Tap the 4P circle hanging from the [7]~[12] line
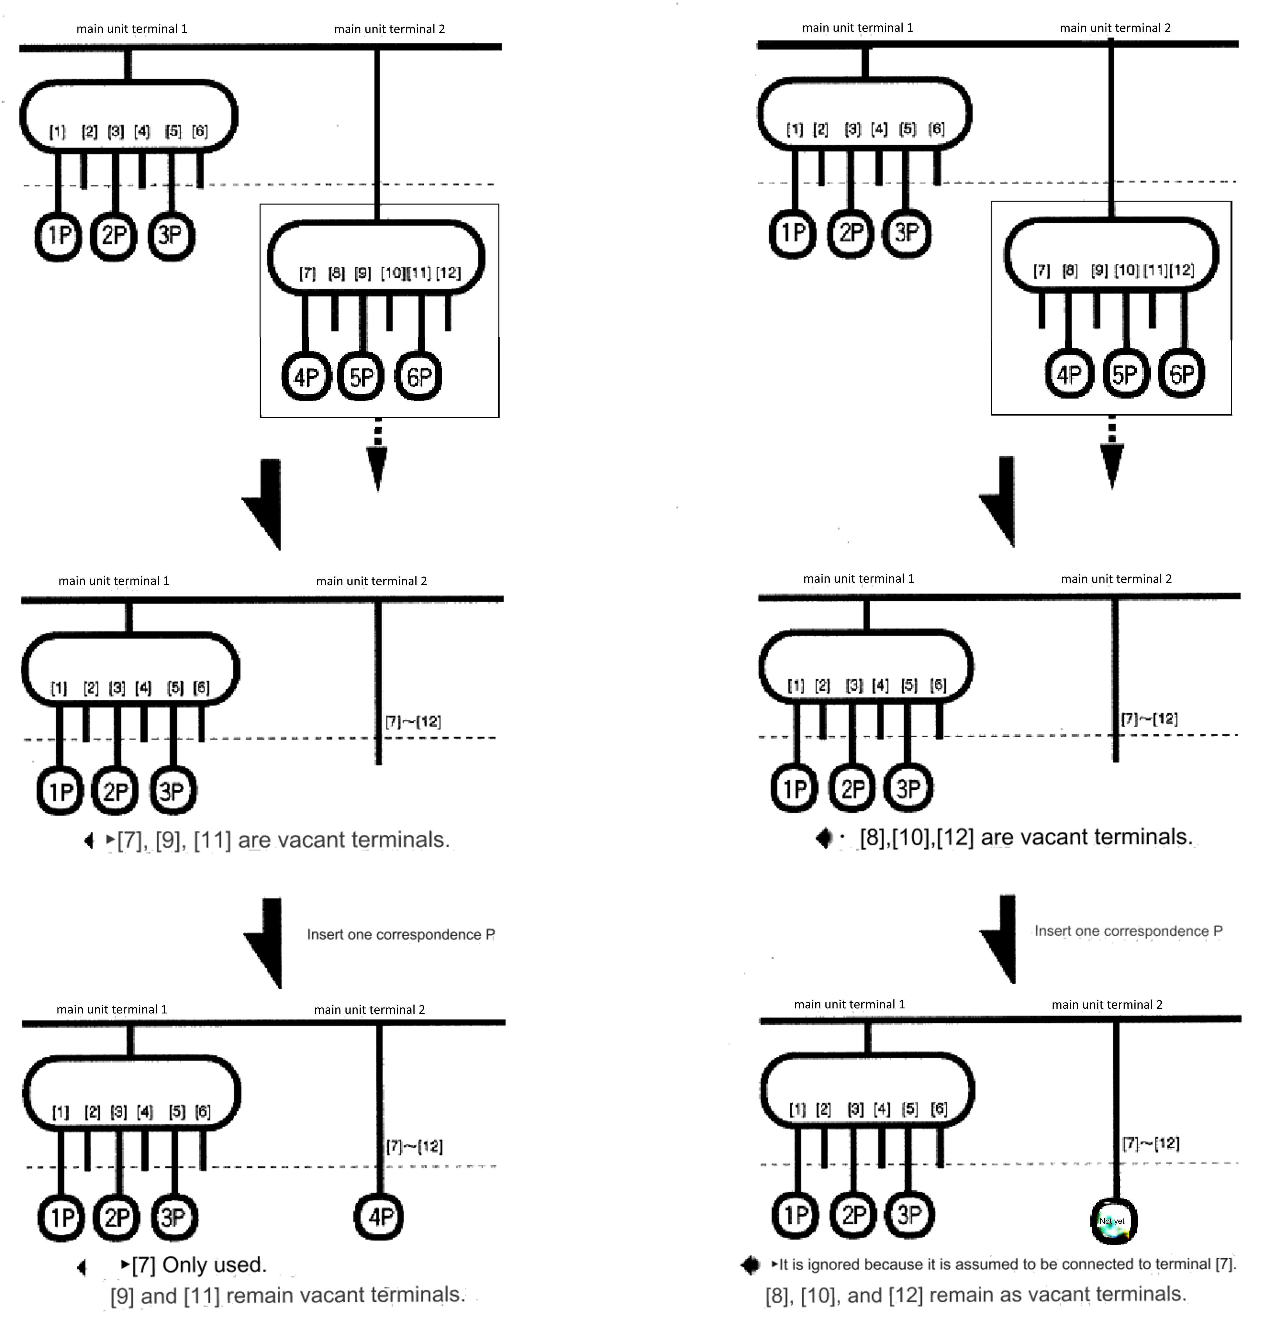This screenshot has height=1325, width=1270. pos(379,1217)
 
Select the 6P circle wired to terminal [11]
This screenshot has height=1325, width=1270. pos(418,376)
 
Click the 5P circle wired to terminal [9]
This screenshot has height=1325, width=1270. pos(361,376)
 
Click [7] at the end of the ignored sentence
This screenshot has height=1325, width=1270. pos(1225,1264)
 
